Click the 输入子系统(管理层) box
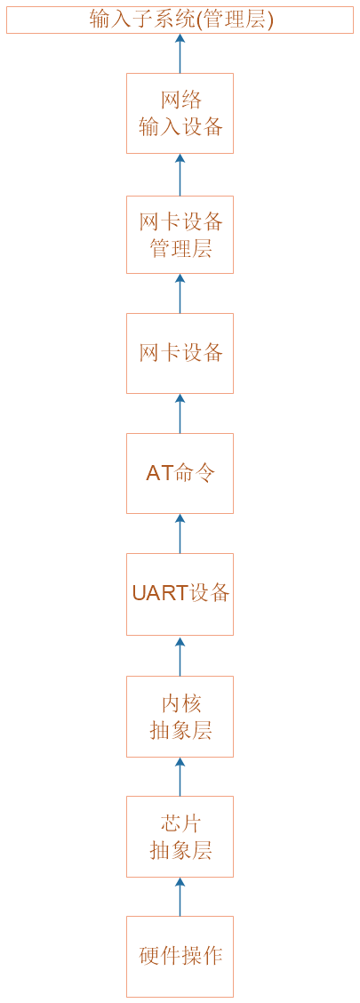(180, 20)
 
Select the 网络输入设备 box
(180, 113)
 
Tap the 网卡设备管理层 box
(180, 235)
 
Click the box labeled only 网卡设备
(180, 353)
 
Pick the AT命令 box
(180, 473)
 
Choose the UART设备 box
(180, 594)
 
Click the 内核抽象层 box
(180, 717)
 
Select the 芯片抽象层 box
(180, 837)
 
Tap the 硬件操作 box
(180, 956)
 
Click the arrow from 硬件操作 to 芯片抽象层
(180, 897)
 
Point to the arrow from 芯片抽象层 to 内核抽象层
(180, 776)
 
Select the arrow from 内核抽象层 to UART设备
(180, 655)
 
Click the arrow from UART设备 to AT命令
(180, 534)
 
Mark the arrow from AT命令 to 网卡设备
(180, 413)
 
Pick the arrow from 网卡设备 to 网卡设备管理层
(180, 293)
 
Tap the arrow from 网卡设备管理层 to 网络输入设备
(180, 174)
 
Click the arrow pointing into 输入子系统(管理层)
(180, 53)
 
